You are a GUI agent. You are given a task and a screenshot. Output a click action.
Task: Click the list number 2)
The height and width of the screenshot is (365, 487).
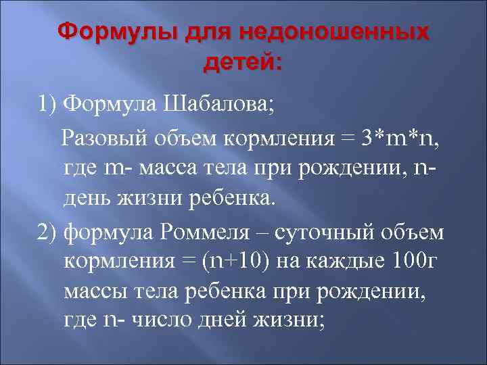coord(47,232)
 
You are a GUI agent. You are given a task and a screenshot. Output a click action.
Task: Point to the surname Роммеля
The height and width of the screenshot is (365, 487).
coord(220,232)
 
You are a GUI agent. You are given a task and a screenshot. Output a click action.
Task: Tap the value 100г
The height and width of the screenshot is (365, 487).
coord(413,260)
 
